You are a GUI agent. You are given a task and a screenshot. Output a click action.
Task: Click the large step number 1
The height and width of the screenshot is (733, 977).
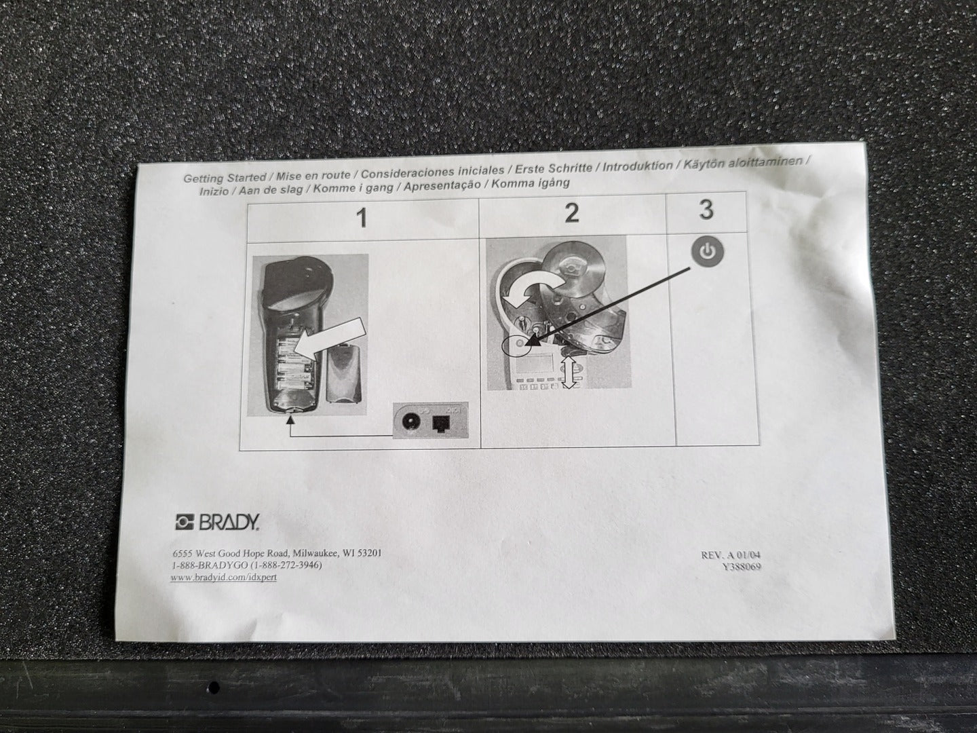363,219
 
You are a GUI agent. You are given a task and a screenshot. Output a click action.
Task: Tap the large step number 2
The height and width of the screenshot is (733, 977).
571,213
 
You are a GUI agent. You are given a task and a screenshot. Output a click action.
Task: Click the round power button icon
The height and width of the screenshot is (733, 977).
707,252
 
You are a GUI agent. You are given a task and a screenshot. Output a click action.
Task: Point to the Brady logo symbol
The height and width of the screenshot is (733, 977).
185,523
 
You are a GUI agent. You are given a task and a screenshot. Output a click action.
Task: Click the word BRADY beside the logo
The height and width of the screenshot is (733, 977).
229,523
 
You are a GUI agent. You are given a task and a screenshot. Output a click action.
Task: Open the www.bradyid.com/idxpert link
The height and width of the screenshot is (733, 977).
224,577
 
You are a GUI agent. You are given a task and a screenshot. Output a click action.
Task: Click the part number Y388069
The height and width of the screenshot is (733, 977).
742,567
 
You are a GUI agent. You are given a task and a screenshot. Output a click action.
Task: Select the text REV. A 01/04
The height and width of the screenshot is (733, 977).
731,555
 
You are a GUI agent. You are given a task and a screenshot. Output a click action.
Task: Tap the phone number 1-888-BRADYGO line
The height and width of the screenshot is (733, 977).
246,565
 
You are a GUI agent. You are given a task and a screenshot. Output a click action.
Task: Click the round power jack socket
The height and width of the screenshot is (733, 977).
408,421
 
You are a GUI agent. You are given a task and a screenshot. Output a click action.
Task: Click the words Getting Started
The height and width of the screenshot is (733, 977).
225,178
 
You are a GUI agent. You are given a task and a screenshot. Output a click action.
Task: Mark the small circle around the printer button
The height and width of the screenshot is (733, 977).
516,345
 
